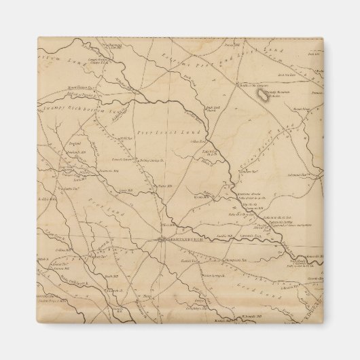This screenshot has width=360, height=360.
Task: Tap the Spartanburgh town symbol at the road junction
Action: tap(160, 239)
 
